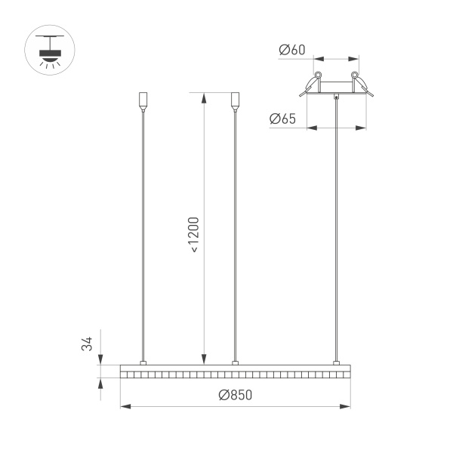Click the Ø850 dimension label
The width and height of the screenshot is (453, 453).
point(235,396)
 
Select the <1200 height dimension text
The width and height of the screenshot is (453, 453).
point(194,234)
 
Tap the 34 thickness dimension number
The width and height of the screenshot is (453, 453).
point(88,344)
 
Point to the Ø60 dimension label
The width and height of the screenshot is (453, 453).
point(291,50)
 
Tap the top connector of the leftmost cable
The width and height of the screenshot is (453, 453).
point(143,100)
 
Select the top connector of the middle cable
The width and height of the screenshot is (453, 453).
point(235,100)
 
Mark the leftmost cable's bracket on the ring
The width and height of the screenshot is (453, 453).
point(143,363)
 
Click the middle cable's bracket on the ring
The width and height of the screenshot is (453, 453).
point(235,363)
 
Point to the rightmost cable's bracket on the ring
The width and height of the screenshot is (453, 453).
point(336,363)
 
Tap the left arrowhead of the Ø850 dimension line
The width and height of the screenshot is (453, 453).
point(125,407)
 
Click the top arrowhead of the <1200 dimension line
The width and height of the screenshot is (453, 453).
point(202,97)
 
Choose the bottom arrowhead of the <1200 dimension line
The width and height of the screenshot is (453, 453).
point(202,360)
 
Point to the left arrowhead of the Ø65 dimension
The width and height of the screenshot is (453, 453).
point(311,128)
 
